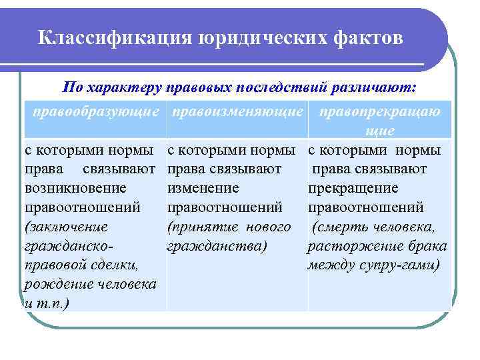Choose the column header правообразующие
pos(96,111)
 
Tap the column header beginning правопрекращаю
pos(380,111)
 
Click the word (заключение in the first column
pos(63,227)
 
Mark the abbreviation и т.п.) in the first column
pos(47,303)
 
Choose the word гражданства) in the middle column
pos(217,246)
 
